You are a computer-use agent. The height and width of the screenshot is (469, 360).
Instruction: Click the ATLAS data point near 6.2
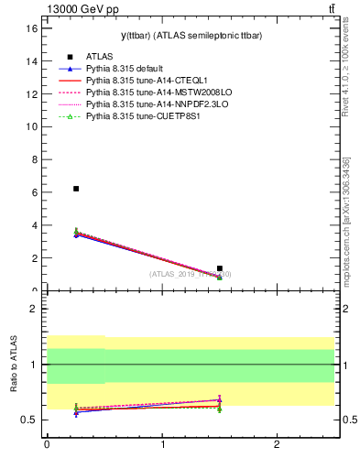76,189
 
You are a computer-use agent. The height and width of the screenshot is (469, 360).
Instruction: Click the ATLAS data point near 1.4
220,268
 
